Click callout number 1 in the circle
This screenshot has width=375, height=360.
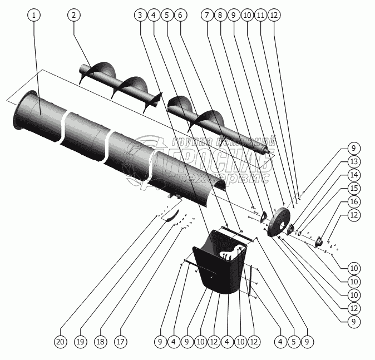[34, 16]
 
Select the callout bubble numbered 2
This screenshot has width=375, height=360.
[73, 16]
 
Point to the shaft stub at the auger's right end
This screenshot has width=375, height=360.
[271, 147]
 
